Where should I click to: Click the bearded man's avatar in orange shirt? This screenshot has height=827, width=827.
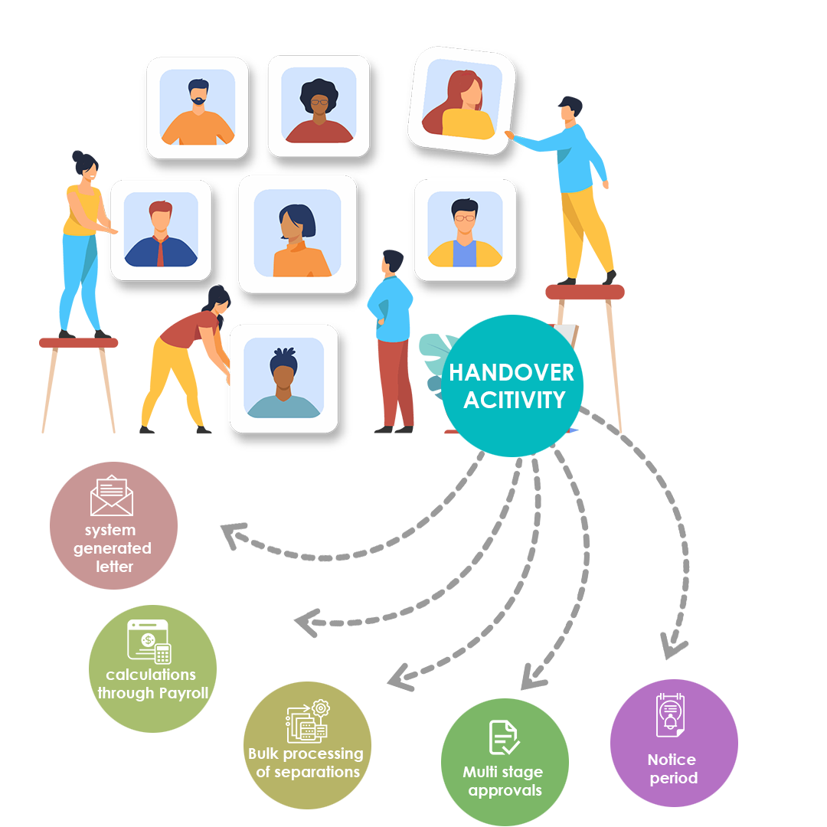point(198,108)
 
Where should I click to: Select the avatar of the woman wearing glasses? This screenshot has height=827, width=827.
point(319,106)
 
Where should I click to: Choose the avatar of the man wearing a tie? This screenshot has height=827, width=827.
point(161,230)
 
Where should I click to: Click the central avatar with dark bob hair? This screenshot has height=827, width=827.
point(297,234)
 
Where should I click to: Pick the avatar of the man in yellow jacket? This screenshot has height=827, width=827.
point(465,230)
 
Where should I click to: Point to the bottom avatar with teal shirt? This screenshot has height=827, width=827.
point(283,378)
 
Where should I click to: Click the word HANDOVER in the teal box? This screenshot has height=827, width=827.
point(512,373)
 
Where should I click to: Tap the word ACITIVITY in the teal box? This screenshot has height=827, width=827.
point(514,400)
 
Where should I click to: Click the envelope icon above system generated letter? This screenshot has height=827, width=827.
point(112,496)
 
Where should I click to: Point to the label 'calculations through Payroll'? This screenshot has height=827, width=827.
point(152,684)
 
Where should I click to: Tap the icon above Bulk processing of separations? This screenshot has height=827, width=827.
point(307,721)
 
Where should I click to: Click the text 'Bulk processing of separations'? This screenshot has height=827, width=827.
point(306,763)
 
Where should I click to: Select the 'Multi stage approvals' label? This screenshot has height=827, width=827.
point(503,781)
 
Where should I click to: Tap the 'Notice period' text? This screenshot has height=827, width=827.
point(672,769)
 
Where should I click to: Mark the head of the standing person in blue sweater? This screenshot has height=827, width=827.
point(391,254)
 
